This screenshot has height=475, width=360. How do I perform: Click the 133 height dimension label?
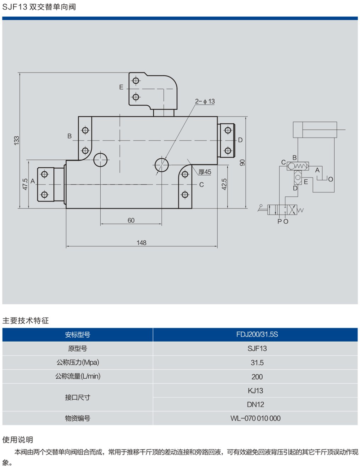click(x=17, y=140)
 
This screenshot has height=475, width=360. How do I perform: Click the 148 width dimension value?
click(x=141, y=243)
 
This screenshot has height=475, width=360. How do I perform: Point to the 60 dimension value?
click(x=131, y=220)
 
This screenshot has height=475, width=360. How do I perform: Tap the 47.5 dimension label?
click(x=25, y=184)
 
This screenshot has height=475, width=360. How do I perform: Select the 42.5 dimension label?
click(x=224, y=184)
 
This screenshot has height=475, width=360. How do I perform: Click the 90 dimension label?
click(x=242, y=163)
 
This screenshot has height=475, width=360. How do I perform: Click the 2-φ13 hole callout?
click(x=205, y=101)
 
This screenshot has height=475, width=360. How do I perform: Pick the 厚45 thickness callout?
click(x=205, y=172)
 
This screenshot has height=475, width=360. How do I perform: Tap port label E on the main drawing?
click(x=121, y=87)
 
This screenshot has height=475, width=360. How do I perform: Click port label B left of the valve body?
click(x=70, y=136)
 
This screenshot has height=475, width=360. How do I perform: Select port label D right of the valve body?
click(x=240, y=140)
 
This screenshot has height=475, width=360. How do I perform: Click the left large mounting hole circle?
click(x=100, y=159)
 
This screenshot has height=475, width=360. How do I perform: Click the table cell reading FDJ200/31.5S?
click(x=257, y=334)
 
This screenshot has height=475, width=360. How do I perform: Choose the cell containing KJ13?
click(x=255, y=391)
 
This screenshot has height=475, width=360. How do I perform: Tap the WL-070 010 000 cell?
click(x=255, y=418)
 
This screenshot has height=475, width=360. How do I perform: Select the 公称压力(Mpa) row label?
click(x=78, y=362)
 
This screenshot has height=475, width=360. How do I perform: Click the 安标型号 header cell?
click(x=78, y=335)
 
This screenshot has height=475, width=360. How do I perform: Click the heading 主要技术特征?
click(x=25, y=321)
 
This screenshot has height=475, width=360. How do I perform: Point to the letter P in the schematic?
click(x=279, y=221)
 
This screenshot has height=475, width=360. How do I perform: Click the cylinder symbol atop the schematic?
click(x=315, y=129)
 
